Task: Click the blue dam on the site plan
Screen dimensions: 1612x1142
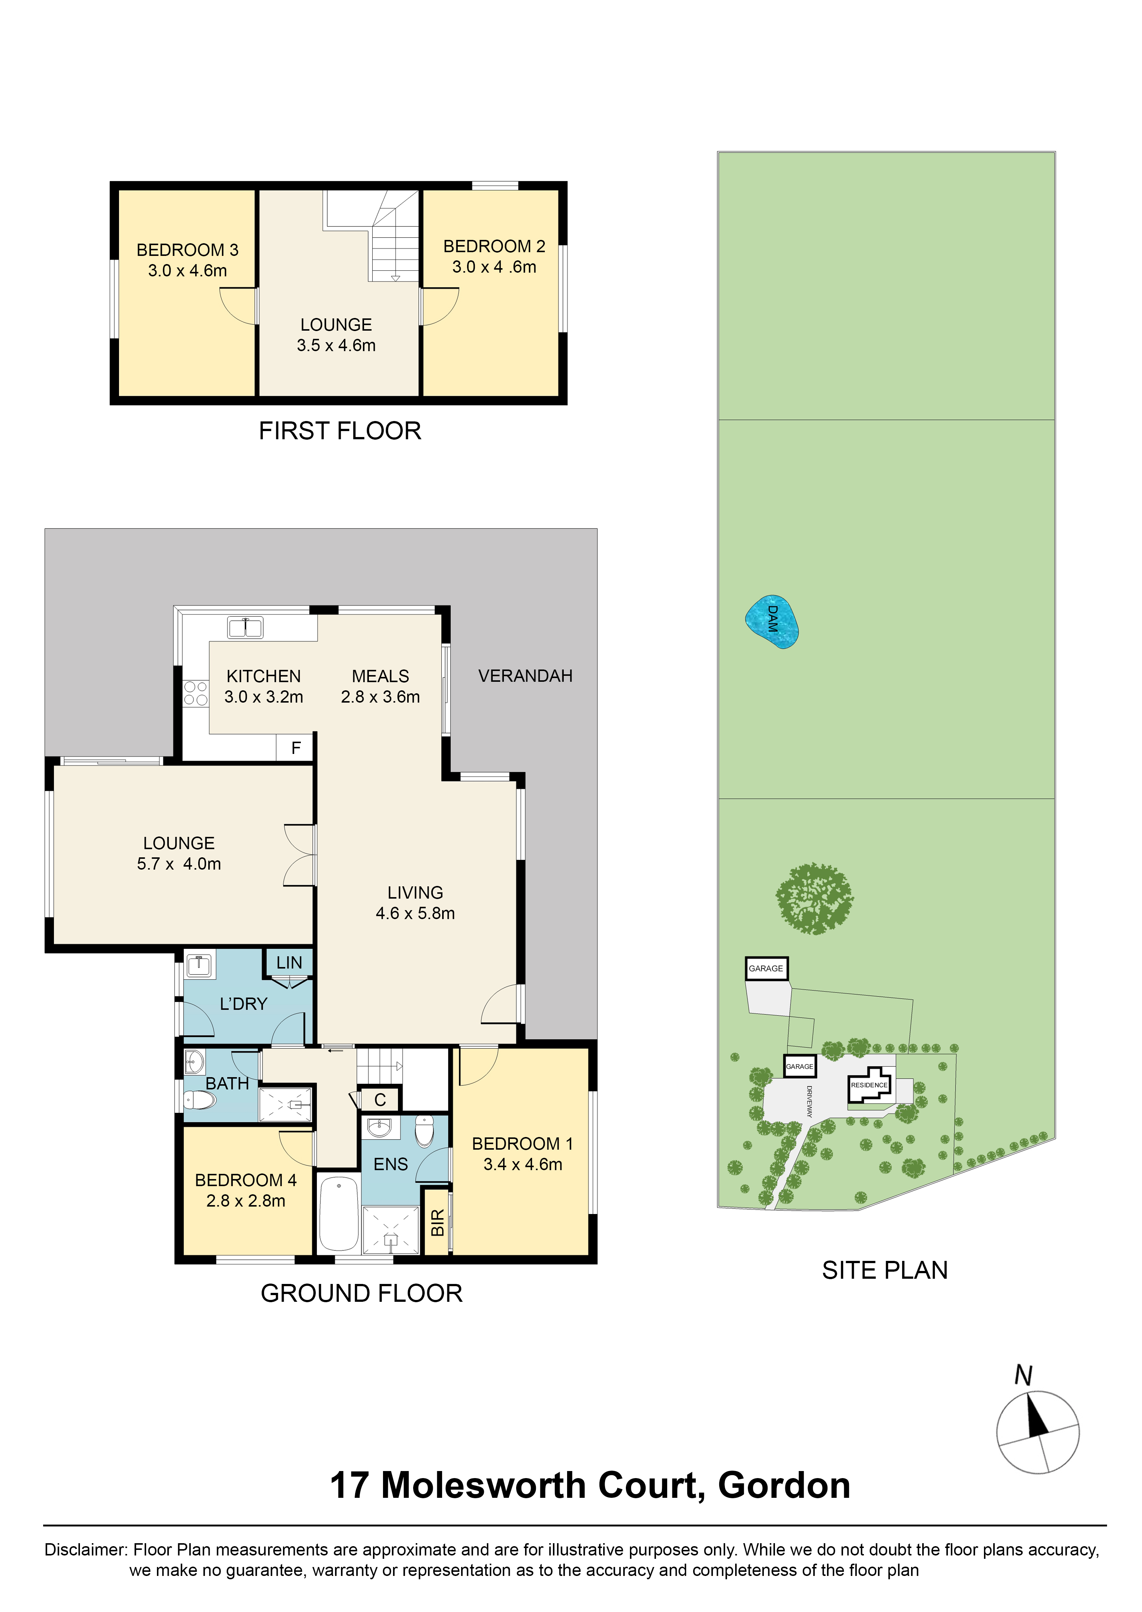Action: pyautogui.click(x=771, y=622)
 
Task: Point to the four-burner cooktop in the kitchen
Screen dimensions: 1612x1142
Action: pyautogui.click(x=196, y=693)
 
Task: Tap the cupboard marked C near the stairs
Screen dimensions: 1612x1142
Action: pyautogui.click(x=380, y=1099)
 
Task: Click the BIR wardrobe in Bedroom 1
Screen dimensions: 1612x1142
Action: pyautogui.click(x=437, y=1222)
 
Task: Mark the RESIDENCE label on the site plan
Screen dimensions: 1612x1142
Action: pyautogui.click(x=869, y=1085)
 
